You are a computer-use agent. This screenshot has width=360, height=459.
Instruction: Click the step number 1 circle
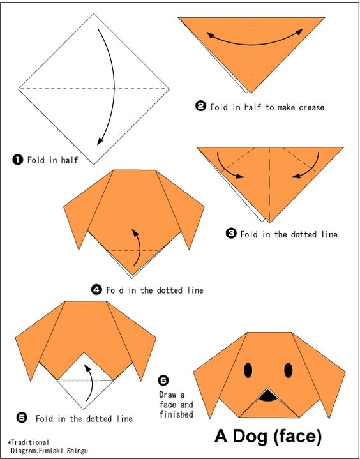point(18,160)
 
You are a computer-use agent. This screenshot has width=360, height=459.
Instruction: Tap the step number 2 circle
point(200,107)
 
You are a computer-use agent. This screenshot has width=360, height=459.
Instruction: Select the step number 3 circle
point(231,234)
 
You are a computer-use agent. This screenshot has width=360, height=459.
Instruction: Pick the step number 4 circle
point(96,290)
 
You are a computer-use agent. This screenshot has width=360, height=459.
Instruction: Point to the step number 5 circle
point(22,418)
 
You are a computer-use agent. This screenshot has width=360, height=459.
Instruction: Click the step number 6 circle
point(163,380)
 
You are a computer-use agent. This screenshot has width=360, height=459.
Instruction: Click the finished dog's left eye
point(248,370)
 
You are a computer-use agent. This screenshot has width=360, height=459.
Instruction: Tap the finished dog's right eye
point(289,370)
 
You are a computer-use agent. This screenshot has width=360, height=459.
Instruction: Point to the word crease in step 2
point(311,108)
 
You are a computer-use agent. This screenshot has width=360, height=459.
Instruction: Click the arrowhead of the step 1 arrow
point(100,141)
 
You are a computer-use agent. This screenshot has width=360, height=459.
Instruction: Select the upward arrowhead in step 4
point(135,233)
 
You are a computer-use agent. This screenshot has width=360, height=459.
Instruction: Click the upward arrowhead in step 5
point(87,368)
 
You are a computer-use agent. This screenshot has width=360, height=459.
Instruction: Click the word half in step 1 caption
point(70,160)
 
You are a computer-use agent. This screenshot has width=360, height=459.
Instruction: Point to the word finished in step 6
point(176,414)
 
